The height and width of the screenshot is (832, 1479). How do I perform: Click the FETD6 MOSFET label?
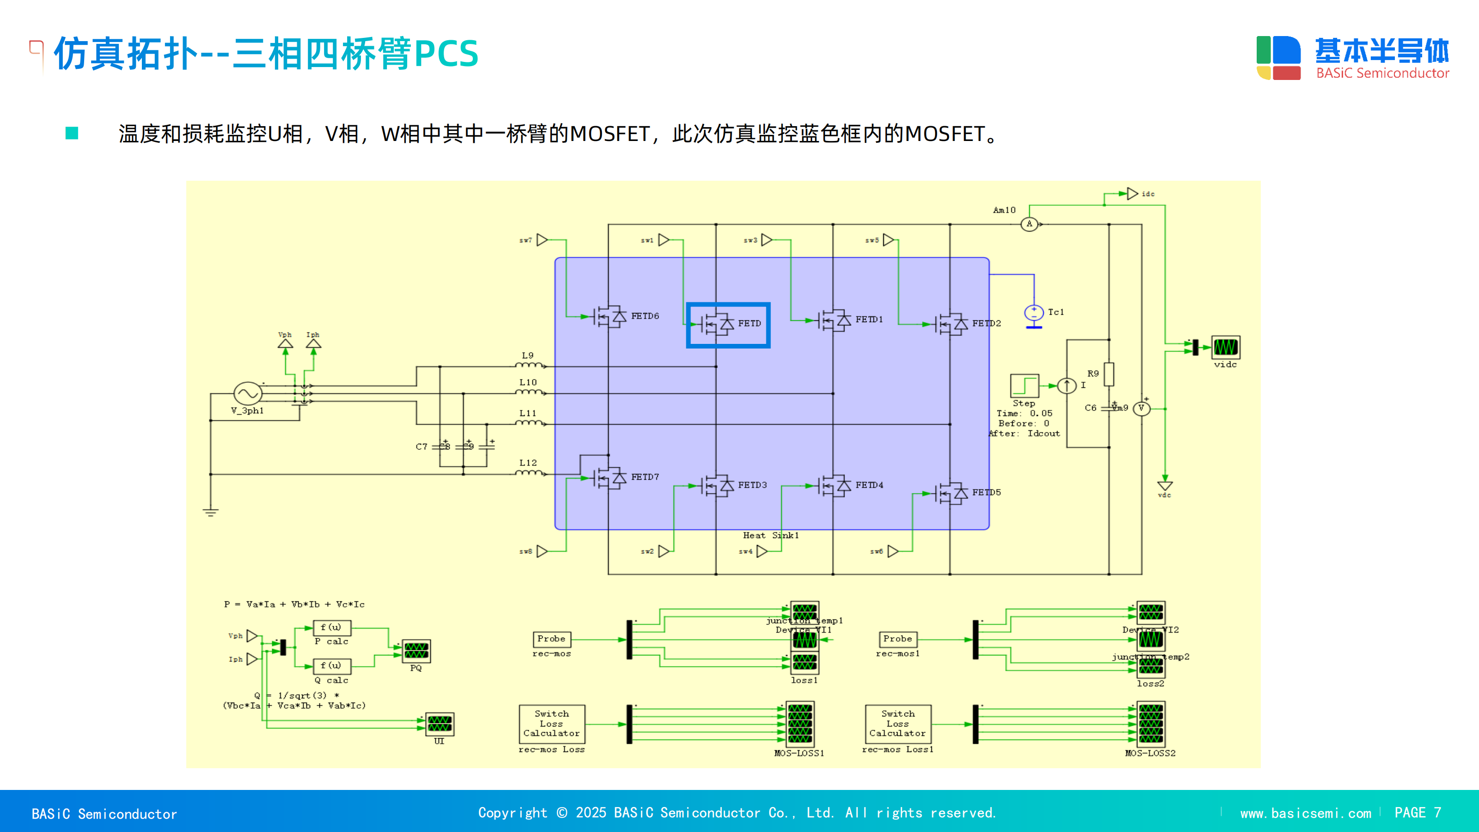(x=645, y=316)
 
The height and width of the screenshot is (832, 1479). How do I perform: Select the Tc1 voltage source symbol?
(x=1033, y=313)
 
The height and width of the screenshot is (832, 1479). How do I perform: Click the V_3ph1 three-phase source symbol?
(x=248, y=393)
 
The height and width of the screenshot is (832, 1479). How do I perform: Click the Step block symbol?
(x=1024, y=385)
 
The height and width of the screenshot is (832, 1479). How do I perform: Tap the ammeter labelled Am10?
(x=1029, y=224)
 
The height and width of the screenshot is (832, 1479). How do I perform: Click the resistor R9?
(x=1109, y=374)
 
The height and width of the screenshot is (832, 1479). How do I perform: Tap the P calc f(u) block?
(x=331, y=628)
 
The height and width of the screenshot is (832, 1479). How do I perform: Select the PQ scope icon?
(x=416, y=651)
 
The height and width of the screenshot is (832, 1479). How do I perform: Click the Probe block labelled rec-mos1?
(x=898, y=639)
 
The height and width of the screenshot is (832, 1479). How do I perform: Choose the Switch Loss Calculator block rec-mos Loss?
(x=551, y=723)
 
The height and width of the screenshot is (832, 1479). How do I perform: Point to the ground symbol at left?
(x=211, y=511)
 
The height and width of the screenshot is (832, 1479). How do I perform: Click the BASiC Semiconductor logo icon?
(x=1278, y=58)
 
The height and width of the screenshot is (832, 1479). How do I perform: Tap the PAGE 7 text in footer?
(x=1417, y=813)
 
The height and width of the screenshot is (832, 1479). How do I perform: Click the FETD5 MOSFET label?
(x=986, y=492)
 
